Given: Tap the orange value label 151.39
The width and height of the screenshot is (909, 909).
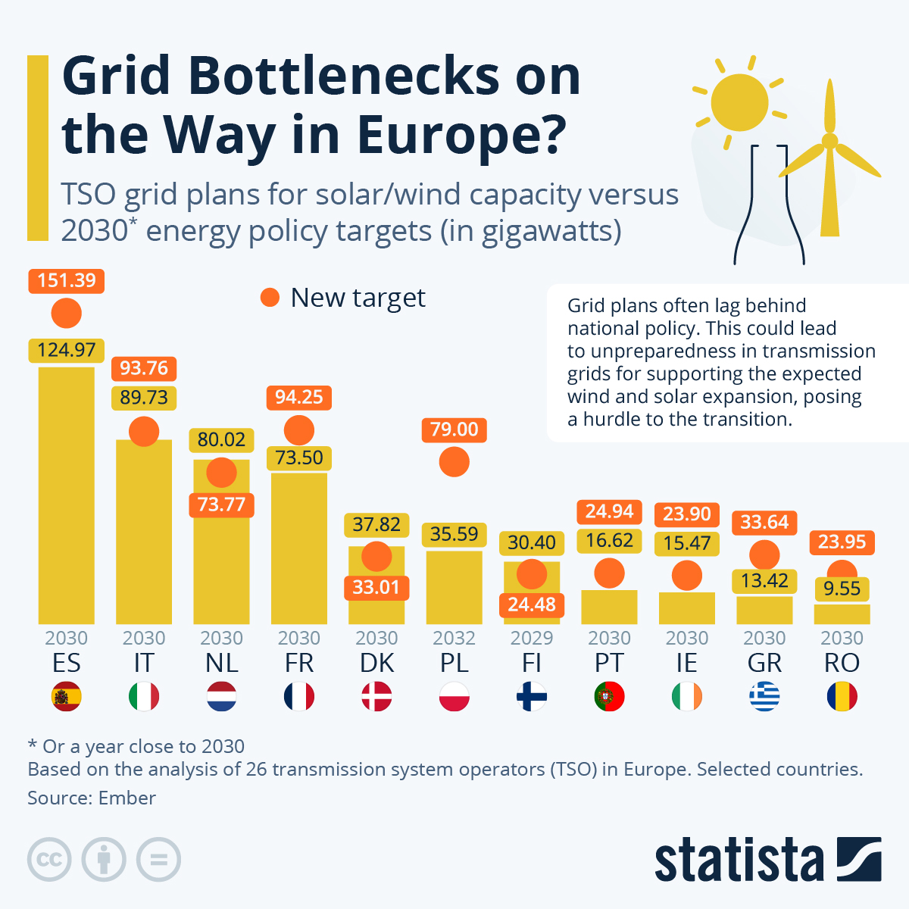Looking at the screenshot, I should [x=67, y=281].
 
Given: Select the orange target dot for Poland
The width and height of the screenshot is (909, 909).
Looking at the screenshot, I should [x=454, y=462].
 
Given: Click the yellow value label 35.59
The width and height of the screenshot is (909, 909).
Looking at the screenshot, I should [x=454, y=534].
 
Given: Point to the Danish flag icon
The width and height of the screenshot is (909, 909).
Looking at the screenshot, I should [x=376, y=696].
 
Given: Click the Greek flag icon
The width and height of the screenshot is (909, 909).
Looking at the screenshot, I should [x=764, y=696].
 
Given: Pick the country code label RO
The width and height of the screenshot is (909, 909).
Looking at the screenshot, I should [x=842, y=663].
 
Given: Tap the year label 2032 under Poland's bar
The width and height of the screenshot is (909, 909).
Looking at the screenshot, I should [x=454, y=638].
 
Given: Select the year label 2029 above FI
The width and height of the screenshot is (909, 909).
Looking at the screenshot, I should [x=532, y=638].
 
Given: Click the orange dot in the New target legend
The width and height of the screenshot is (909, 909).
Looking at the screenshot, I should [x=270, y=298].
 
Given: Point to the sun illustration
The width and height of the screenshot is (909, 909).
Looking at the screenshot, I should [x=740, y=102].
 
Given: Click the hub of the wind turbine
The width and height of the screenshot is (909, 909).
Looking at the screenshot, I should [x=829, y=141].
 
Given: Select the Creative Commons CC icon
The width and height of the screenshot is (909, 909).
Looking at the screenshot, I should [x=49, y=860].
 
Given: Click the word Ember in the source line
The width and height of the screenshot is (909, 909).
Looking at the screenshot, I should [x=127, y=798].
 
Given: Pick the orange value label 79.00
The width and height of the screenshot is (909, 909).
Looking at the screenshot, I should [x=454, y=430].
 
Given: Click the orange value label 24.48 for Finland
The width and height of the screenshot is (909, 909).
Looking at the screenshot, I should [x=532, y=604].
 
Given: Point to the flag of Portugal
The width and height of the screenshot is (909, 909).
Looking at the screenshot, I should [x=609, y=696].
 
